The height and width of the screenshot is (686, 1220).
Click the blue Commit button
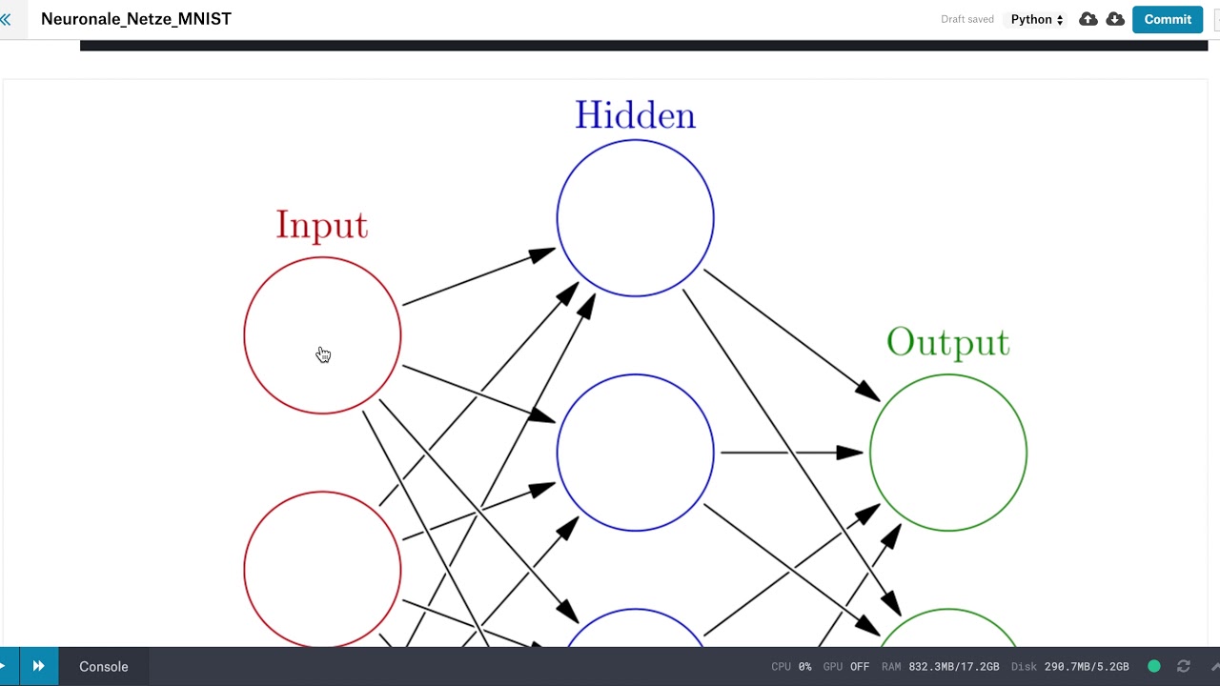click(x=1168, y=20)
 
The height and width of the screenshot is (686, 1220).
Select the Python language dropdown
click(x=1036, y=20)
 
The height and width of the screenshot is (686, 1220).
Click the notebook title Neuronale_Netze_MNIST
click(x=136, y=19)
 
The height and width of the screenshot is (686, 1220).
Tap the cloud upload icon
click(x=1088, y=20)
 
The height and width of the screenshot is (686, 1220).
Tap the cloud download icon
click(x=1115, y=20)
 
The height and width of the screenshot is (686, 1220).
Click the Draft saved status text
click(x=967, y=20)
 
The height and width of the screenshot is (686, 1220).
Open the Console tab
click(x=104, y=666)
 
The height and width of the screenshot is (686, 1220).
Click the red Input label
click(x=322, y=225)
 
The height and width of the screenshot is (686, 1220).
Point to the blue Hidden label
click(x=635, y=115)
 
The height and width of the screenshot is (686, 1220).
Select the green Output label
click(x=948, y=342)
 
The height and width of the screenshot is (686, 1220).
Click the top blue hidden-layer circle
click(x=557, y=218)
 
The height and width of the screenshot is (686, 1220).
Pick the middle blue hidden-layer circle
click(x=557, y=453)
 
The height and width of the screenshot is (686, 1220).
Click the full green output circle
click(x=870, y=453)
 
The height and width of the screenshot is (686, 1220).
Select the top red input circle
click(x=244, y=335)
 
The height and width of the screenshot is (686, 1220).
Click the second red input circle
click(x=244, y=570)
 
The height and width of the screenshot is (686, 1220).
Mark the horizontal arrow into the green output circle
click(x=792, y=453)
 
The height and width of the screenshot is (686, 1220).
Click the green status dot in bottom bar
click(x=1153, y=666)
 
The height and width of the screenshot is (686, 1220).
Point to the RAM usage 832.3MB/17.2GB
click(x=940, y=666)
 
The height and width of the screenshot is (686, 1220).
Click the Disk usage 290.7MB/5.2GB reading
click(x=1070, y=666)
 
